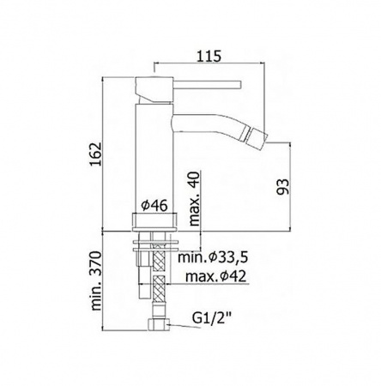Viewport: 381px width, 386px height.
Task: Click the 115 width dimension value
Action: [210, 56]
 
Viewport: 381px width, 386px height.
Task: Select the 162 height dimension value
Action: [95, 154]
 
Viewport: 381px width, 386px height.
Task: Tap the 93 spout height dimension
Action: [283, 187]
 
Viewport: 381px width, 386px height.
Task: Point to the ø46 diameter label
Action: [154, 205]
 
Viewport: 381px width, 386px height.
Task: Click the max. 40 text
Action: [195, 200]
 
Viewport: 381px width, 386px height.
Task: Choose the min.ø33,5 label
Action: [212, 257]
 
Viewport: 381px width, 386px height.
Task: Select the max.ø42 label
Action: [215, 276]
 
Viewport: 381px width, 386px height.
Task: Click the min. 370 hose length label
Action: [96, 280]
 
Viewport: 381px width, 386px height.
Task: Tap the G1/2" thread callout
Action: [211, 317]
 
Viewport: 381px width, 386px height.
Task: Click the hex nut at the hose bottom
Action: [159, 325]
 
